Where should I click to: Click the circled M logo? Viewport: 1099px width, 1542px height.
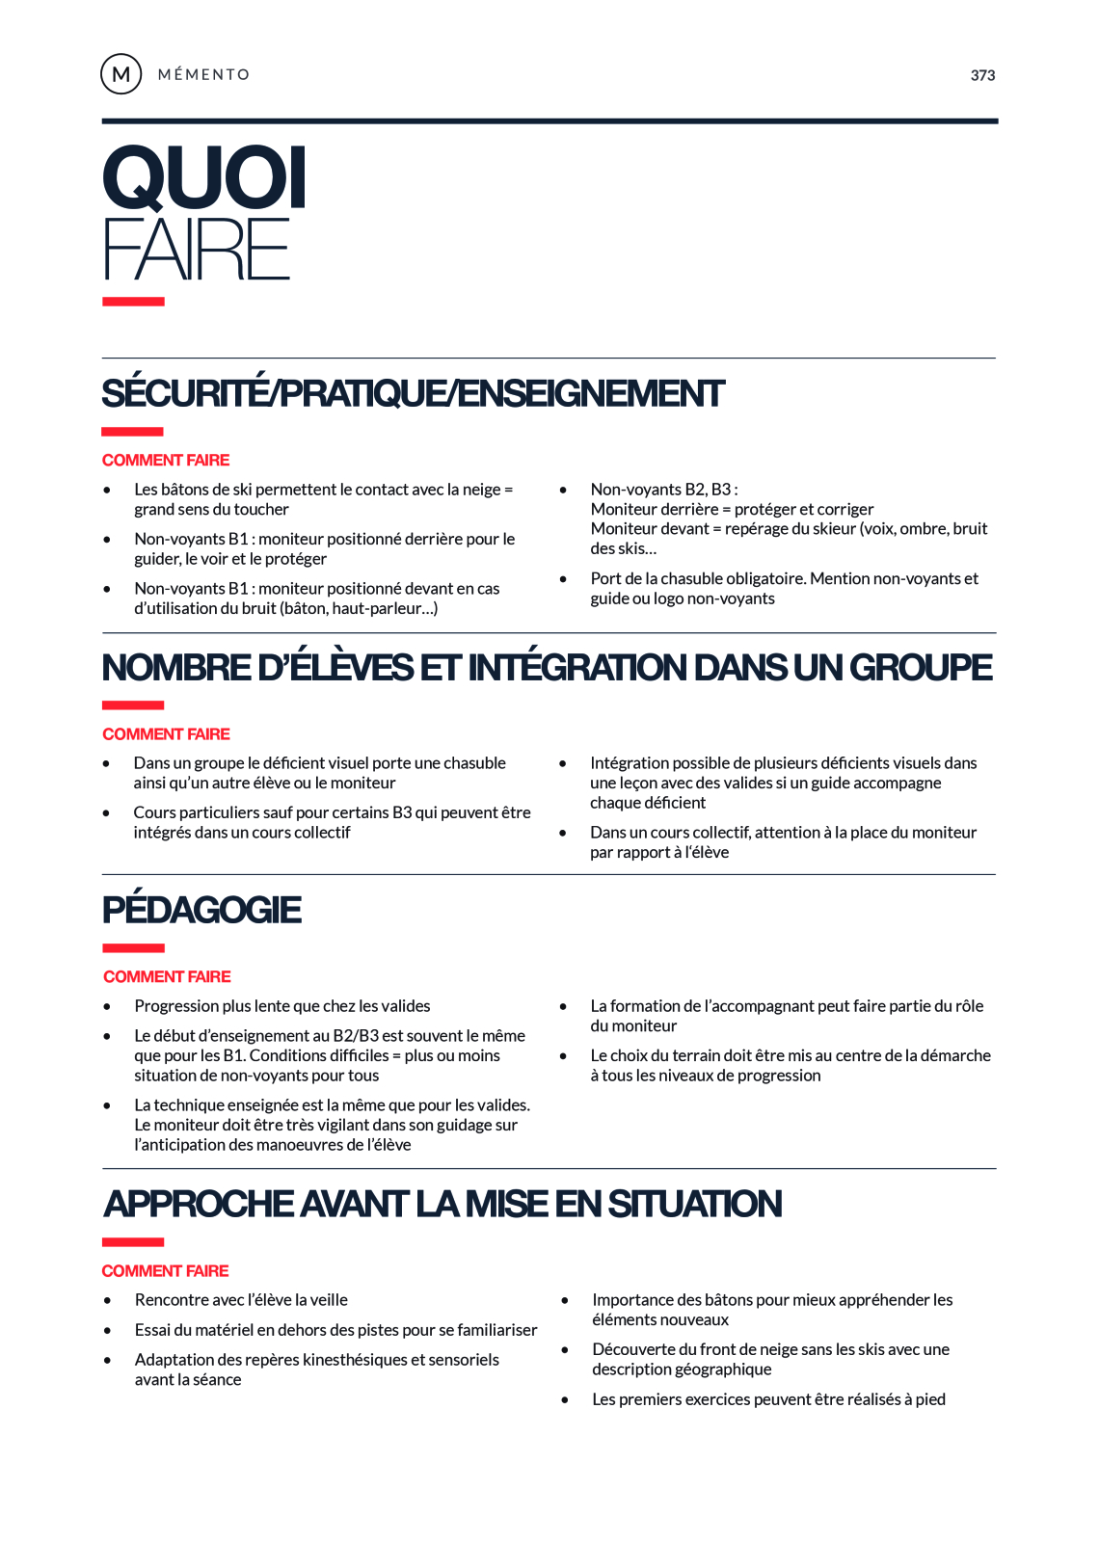pyautogui.click(x=121, y=74)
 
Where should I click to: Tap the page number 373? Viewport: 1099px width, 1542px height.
pyautogui.click(x=982, y=75)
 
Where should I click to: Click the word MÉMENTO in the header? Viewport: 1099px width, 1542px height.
pyautogui.click(x=203, y=74)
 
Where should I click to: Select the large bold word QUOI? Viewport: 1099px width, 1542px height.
pyautogui.click(x=204, y=177)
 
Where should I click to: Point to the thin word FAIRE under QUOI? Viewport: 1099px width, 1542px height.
pyautogui.click(x=197, y=250)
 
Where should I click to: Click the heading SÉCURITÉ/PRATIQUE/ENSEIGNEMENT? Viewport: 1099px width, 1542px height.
pyautogui.click(x=413, y=393)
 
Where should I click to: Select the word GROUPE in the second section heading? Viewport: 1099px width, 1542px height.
pyautogui.click(x=921, y=667)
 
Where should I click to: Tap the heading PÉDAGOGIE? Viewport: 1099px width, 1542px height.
pyautogui.click(x=201, y=910)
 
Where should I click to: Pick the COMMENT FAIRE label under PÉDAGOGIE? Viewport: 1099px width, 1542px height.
pyautogui.click(x=167, y=976)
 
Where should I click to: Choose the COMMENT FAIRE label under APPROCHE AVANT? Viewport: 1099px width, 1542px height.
pyautogui.click(x=165, y=1270)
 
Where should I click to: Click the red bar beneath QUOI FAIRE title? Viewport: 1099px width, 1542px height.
pyautogui.click(x=133, y=302)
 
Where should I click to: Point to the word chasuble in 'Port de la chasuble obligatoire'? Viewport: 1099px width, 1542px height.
pyautogui.click(x=707, y=578)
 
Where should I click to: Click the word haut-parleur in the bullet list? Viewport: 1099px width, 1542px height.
pyautogui.click(x=377, y=608)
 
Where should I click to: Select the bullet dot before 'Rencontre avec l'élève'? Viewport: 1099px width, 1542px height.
pyautogui.click(x=107, y=1300)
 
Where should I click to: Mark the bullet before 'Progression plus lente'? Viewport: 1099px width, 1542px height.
pyautogui.click(x=107, y=1006)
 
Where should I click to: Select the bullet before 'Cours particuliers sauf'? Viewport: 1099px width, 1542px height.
pyautogui.click(x=107, y=812)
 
